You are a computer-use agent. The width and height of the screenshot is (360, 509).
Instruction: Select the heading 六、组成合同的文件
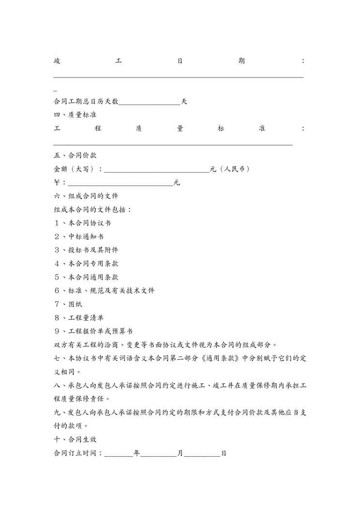tap(86, 196)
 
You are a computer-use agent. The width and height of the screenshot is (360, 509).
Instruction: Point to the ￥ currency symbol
tap(57, 183)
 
